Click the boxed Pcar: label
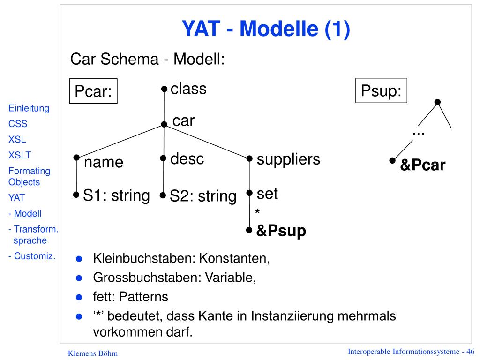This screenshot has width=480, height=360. pyautogui.click(x=93, y=91)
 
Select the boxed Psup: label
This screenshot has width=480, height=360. pyautogui.click(x=381, y=90)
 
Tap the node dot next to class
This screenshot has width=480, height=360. pyautogui.click(x=165, y=89)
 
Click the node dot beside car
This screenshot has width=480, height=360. pyautogui.click(x=164, y=124)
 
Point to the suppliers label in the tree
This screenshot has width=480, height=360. pyautogui.click(x=288, y=159)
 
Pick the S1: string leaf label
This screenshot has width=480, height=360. pyautogui.click(x=116, y=195)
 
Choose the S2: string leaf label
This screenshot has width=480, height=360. pyautogui.click(x=203, y=196)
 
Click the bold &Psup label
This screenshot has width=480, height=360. pyautogui.click(x=281, y=231)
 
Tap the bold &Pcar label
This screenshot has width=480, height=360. pyautogui.click(x=423, y=165)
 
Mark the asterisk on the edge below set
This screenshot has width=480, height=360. pyautogui.click(x=257, y=211)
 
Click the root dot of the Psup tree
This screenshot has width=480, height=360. pyautogui.click(x=437, y=102)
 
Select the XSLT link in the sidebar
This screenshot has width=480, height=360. pyautogui.click(x=20, y=155)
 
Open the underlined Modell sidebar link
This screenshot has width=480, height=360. pyautogui.click(x=28, y=213)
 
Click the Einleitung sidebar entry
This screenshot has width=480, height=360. pyautogui.click(x=29, y=108)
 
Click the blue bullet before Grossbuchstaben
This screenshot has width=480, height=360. pyautogui.click(x=79, y=278)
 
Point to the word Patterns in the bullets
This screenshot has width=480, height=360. pyautogui.click(x=143, y=297)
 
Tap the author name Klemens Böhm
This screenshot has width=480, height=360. pyautogui.click(x=93, y=353)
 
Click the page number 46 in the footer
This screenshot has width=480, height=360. pyautogui.click(x=470, y=352)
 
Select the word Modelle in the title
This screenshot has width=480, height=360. pyautogui.click(x=279, y=29)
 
